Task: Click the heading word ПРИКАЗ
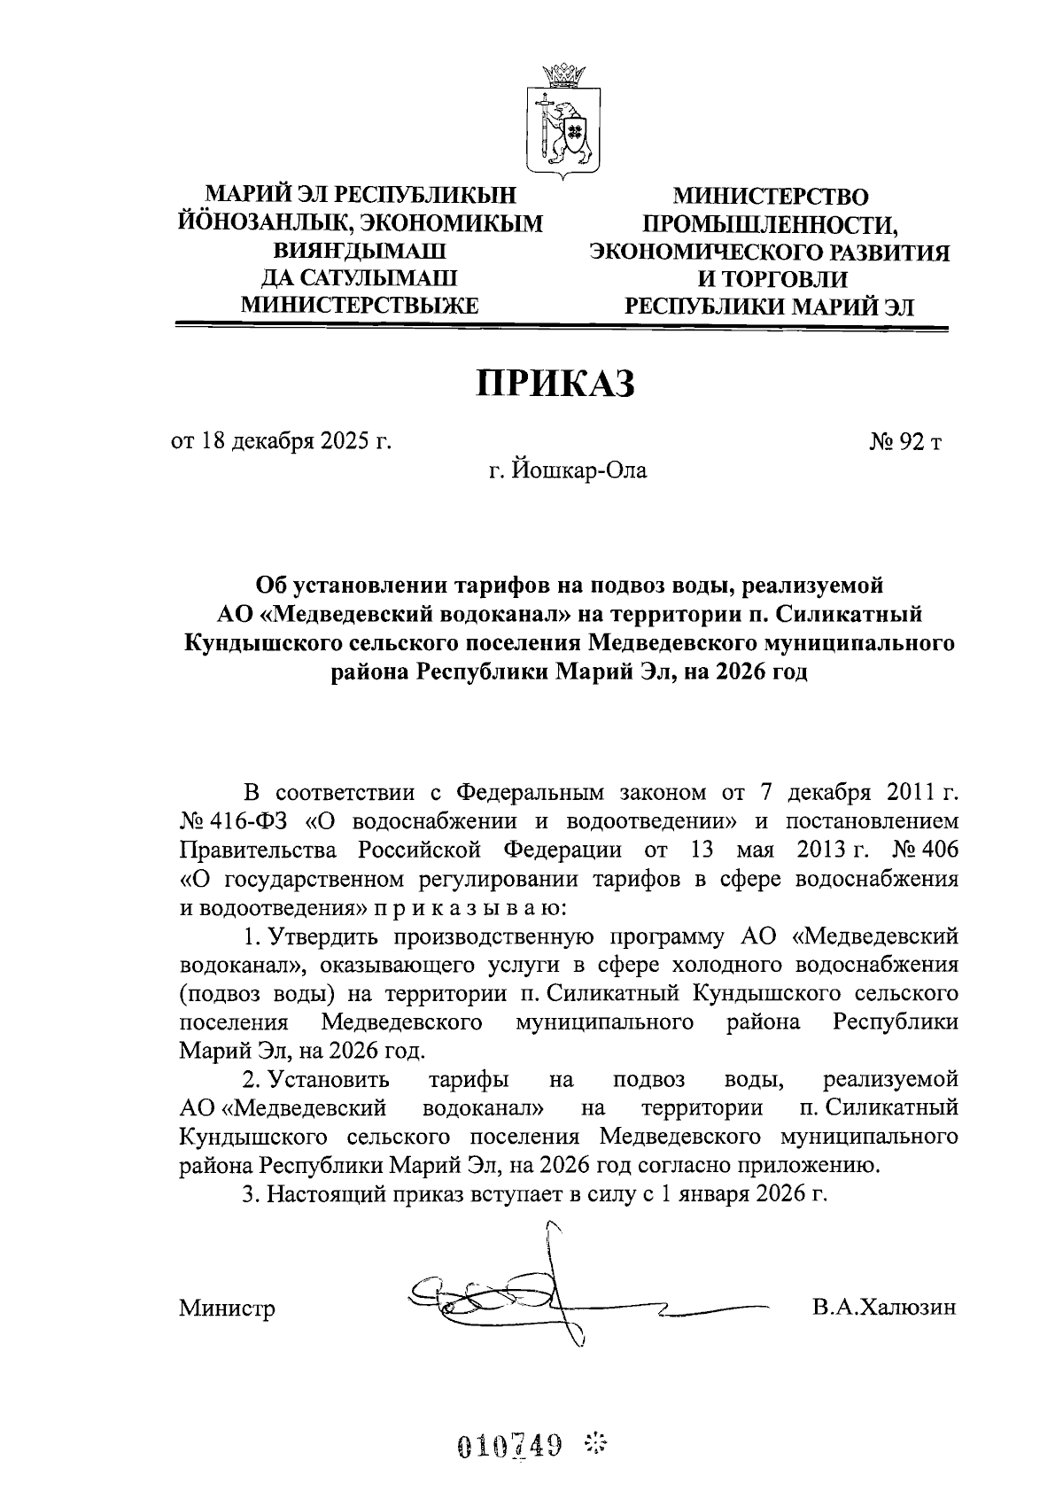click(557, 384)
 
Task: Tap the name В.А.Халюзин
click(883, 1307)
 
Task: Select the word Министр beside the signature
click(227, 1309)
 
